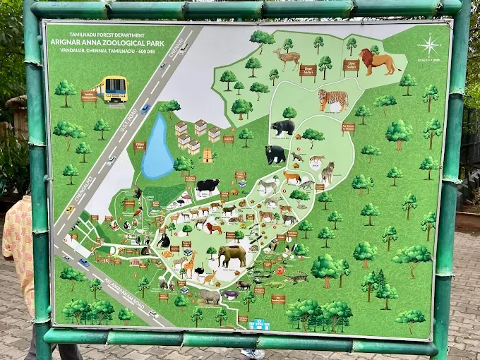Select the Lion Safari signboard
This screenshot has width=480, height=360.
[351, 66]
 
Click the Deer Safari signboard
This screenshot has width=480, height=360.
[308, 71]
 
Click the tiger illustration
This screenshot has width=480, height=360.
[332, 100]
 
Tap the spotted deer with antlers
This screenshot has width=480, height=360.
[287, 59]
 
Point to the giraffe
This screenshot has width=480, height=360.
[190, 263]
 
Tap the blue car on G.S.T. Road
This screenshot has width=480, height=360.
[145, 108]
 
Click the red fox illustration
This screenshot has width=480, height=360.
[292, 177]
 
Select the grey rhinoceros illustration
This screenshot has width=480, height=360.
[208, 297]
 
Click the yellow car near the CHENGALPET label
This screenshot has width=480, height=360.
[69, 209]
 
